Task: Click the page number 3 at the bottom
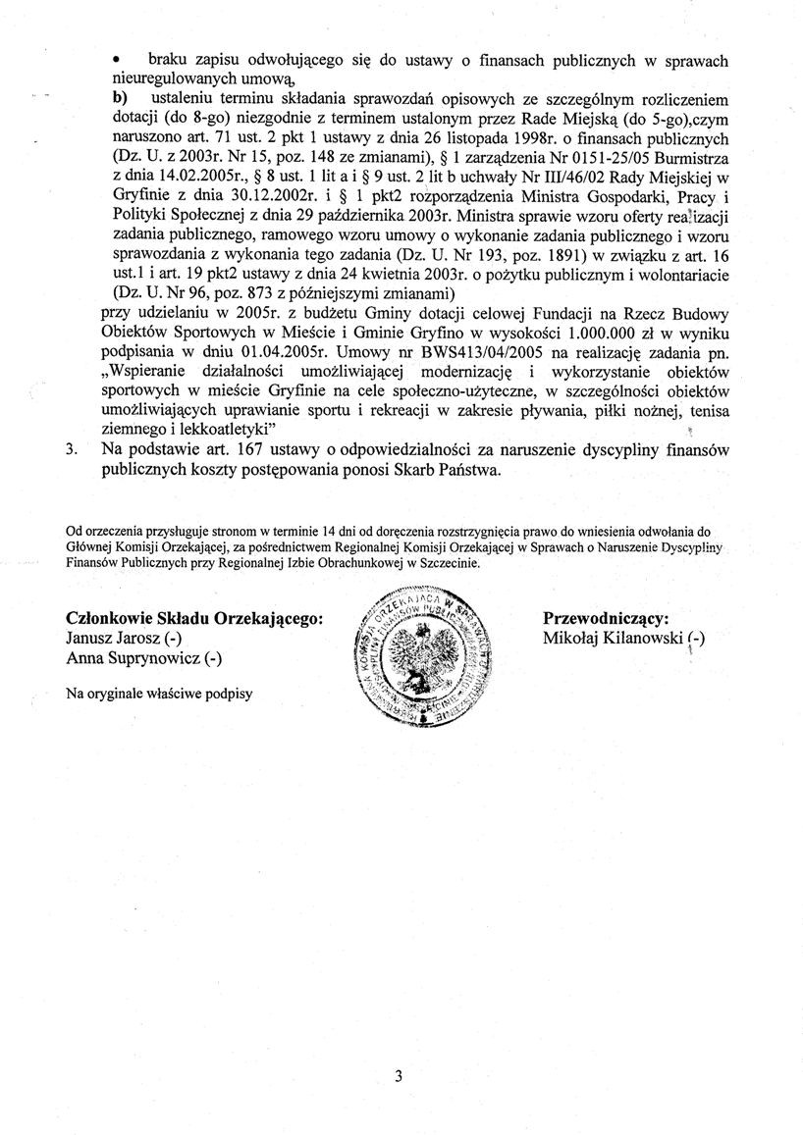399,1076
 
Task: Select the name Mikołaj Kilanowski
615,638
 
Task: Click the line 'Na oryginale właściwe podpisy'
158,694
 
